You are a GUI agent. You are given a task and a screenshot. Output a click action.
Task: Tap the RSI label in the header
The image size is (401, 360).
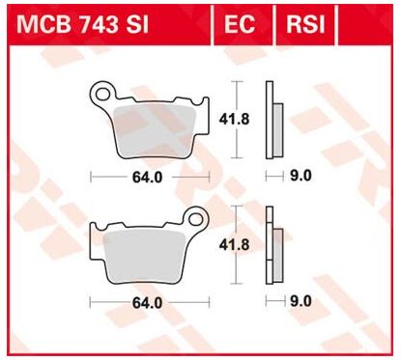301,21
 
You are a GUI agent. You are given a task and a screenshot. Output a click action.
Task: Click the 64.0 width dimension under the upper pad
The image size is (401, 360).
148,178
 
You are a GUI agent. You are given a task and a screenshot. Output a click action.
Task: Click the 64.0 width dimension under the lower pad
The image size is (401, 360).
148,302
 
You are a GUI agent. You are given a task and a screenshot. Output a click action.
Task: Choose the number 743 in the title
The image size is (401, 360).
91,21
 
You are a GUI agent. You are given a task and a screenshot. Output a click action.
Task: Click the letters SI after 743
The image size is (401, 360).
136,21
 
